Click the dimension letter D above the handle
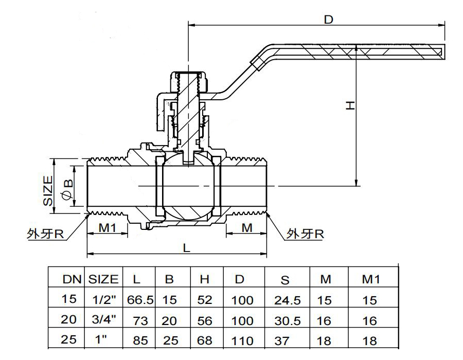pos(328,20)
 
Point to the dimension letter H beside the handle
pos(350,105)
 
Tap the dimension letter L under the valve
pos(186,248)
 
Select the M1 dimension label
pos(108,228)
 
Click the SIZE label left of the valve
pos(48,191)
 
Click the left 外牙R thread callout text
pos(45,234)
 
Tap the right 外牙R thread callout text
pos(305,233)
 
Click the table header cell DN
pos(72,279)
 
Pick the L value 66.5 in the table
pos(140,300)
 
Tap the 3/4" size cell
pos(103,319)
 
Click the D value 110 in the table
pos(242,341)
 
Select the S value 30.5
pos(287,321)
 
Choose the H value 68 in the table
pos(204,340)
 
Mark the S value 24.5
pos(287,300)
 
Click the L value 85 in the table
pos(140,340)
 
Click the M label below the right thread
pos(247,228)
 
